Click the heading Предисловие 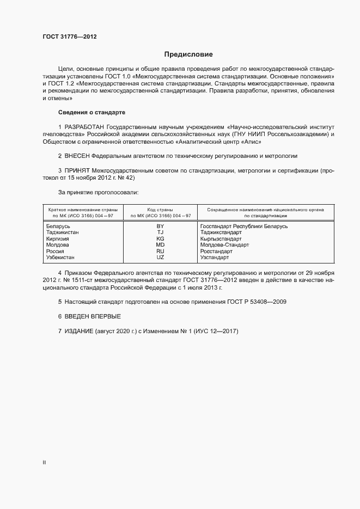tap(188, 54)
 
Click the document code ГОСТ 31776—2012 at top tap(70, 36)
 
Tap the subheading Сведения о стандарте tap(91, 112)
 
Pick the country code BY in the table tap(160, 226)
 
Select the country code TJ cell tap(160, 232)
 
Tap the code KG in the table tap(160, 239)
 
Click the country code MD tap(160, 245)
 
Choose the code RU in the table tap(160, 252)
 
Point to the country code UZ tap(160, 257)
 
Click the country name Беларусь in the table tap(58, 226)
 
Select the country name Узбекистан tap(62, 257)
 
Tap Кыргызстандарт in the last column tap(221, 239)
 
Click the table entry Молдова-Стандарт tap(224, 245)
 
